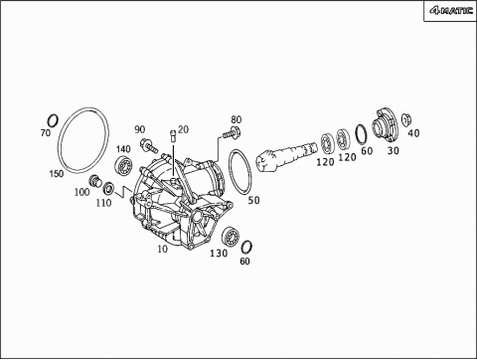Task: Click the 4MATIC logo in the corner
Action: pos(451,11)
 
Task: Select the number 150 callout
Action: pos(57,174)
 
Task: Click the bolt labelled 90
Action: pos(149,145)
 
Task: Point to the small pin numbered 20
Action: pos(172,135)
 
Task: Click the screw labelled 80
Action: pos(232,133)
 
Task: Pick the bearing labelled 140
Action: pos(123,164)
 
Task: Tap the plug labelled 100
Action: pos(95,181)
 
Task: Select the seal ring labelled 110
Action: pos(108,188)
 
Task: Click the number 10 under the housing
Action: pos(162,249)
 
